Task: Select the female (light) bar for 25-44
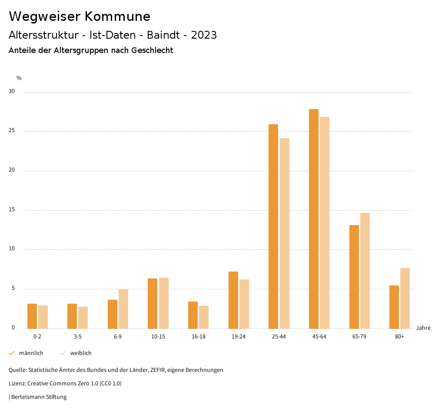(285, 233)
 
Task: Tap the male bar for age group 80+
(394, 307)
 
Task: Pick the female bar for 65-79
(365, 271)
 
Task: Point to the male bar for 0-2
(32, 316)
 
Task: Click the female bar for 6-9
(123, 309)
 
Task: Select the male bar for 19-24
(233, 300)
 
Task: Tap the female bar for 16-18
(204, 317)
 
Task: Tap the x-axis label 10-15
(158, 337)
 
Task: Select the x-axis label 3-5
(78, 337)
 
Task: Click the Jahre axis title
(423, 328)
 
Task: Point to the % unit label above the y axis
(19, 78)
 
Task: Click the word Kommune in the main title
(117, 17)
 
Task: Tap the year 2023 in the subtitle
(204, 35)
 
